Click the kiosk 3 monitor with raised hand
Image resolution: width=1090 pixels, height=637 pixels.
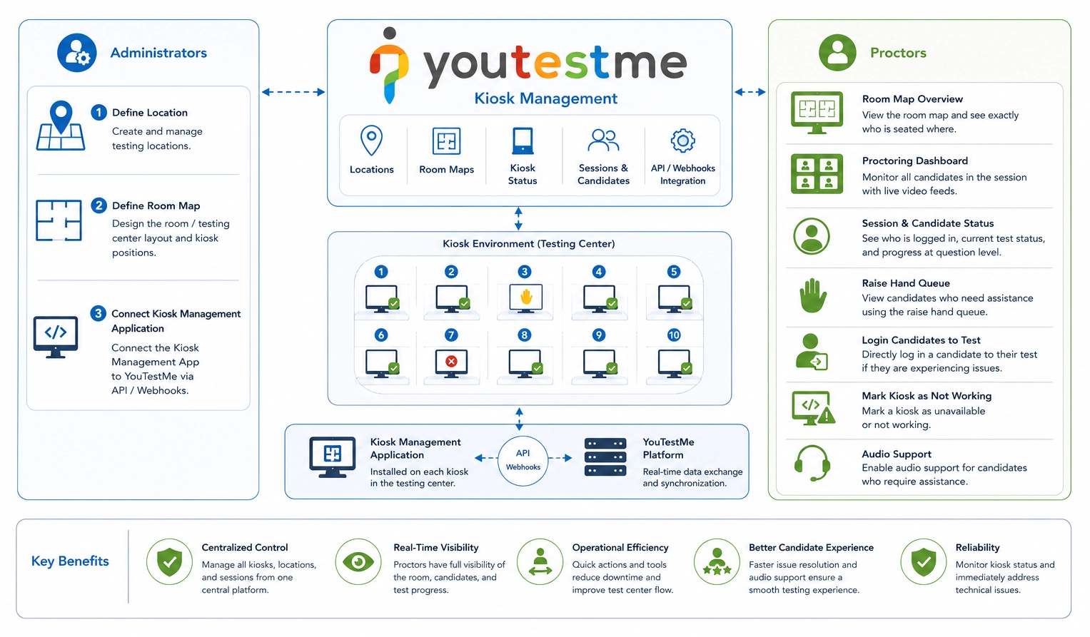click(525, 298)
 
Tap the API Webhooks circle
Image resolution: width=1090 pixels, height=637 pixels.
click(523, 461)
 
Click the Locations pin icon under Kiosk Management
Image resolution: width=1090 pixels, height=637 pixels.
click(371, 140)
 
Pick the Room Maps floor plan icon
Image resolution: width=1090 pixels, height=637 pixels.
click(446, 141)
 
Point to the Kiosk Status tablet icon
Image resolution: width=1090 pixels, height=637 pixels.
click(523, 141)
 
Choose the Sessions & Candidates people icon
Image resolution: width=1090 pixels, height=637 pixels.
click(603, 140)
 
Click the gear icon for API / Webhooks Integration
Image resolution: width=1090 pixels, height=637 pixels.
click(682, 141)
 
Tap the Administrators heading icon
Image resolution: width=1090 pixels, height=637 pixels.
click(77, 53)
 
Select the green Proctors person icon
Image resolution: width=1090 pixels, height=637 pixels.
click(837, 53)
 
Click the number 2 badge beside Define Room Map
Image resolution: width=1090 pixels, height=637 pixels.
click(99, 205)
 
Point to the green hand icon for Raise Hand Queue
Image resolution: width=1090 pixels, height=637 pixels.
click(812, 295)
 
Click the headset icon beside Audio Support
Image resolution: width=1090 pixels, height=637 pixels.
click(812, 463)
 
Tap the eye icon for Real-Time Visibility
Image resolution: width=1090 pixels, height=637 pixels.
click(358, 562)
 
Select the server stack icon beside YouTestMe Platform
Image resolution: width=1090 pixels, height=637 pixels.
click(605, 457)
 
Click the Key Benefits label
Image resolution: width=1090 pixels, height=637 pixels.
click(70, 561)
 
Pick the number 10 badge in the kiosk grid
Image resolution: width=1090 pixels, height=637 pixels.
click(674, 335)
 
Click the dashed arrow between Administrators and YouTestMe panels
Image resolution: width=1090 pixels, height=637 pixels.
click(293, 92)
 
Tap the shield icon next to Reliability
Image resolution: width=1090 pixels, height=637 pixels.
click(924, 561)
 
